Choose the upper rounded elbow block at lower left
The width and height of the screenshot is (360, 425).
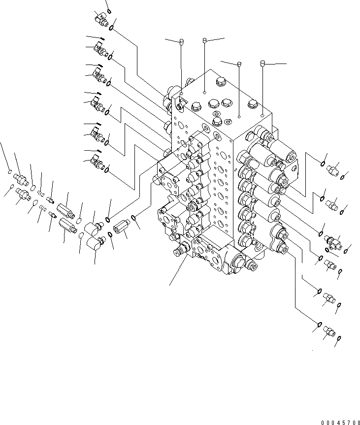click(92, 228)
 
